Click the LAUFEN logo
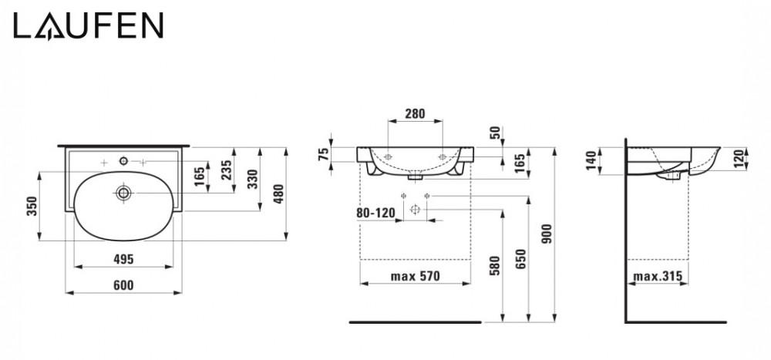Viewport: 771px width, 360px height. point(88,26)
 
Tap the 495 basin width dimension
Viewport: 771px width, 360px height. point(123,259)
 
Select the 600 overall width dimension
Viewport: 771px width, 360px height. point(123,285)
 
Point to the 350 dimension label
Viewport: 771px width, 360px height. point(32,206)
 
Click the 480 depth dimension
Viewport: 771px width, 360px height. point(278,193)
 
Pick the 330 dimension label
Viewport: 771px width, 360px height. point(252,179)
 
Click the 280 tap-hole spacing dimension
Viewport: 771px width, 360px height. point(415,114)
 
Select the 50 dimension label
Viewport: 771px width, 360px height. point(495,133)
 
